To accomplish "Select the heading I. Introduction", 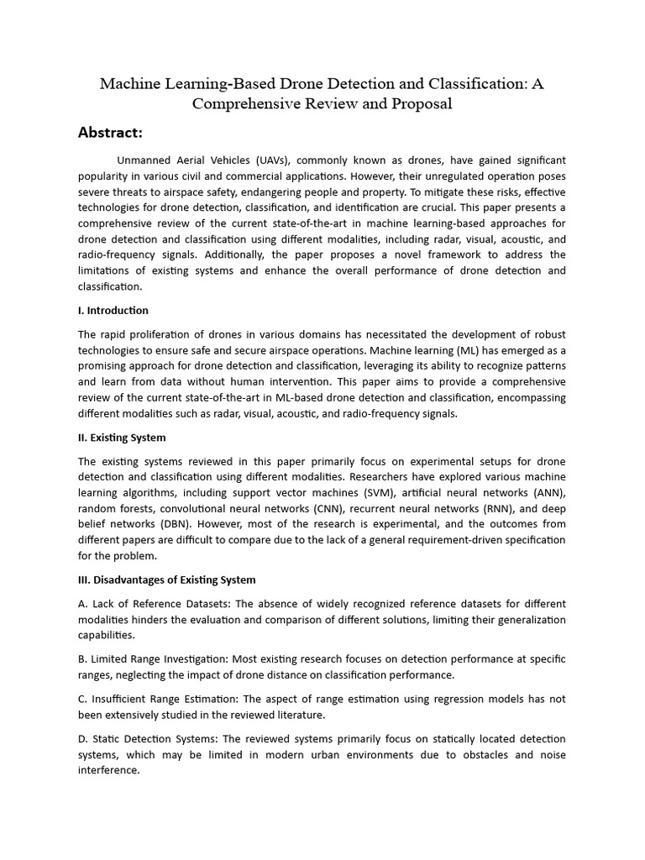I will [x=113, y=311].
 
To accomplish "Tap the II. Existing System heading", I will [x=122, y=438].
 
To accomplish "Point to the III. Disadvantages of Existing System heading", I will [x=167, y=579].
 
